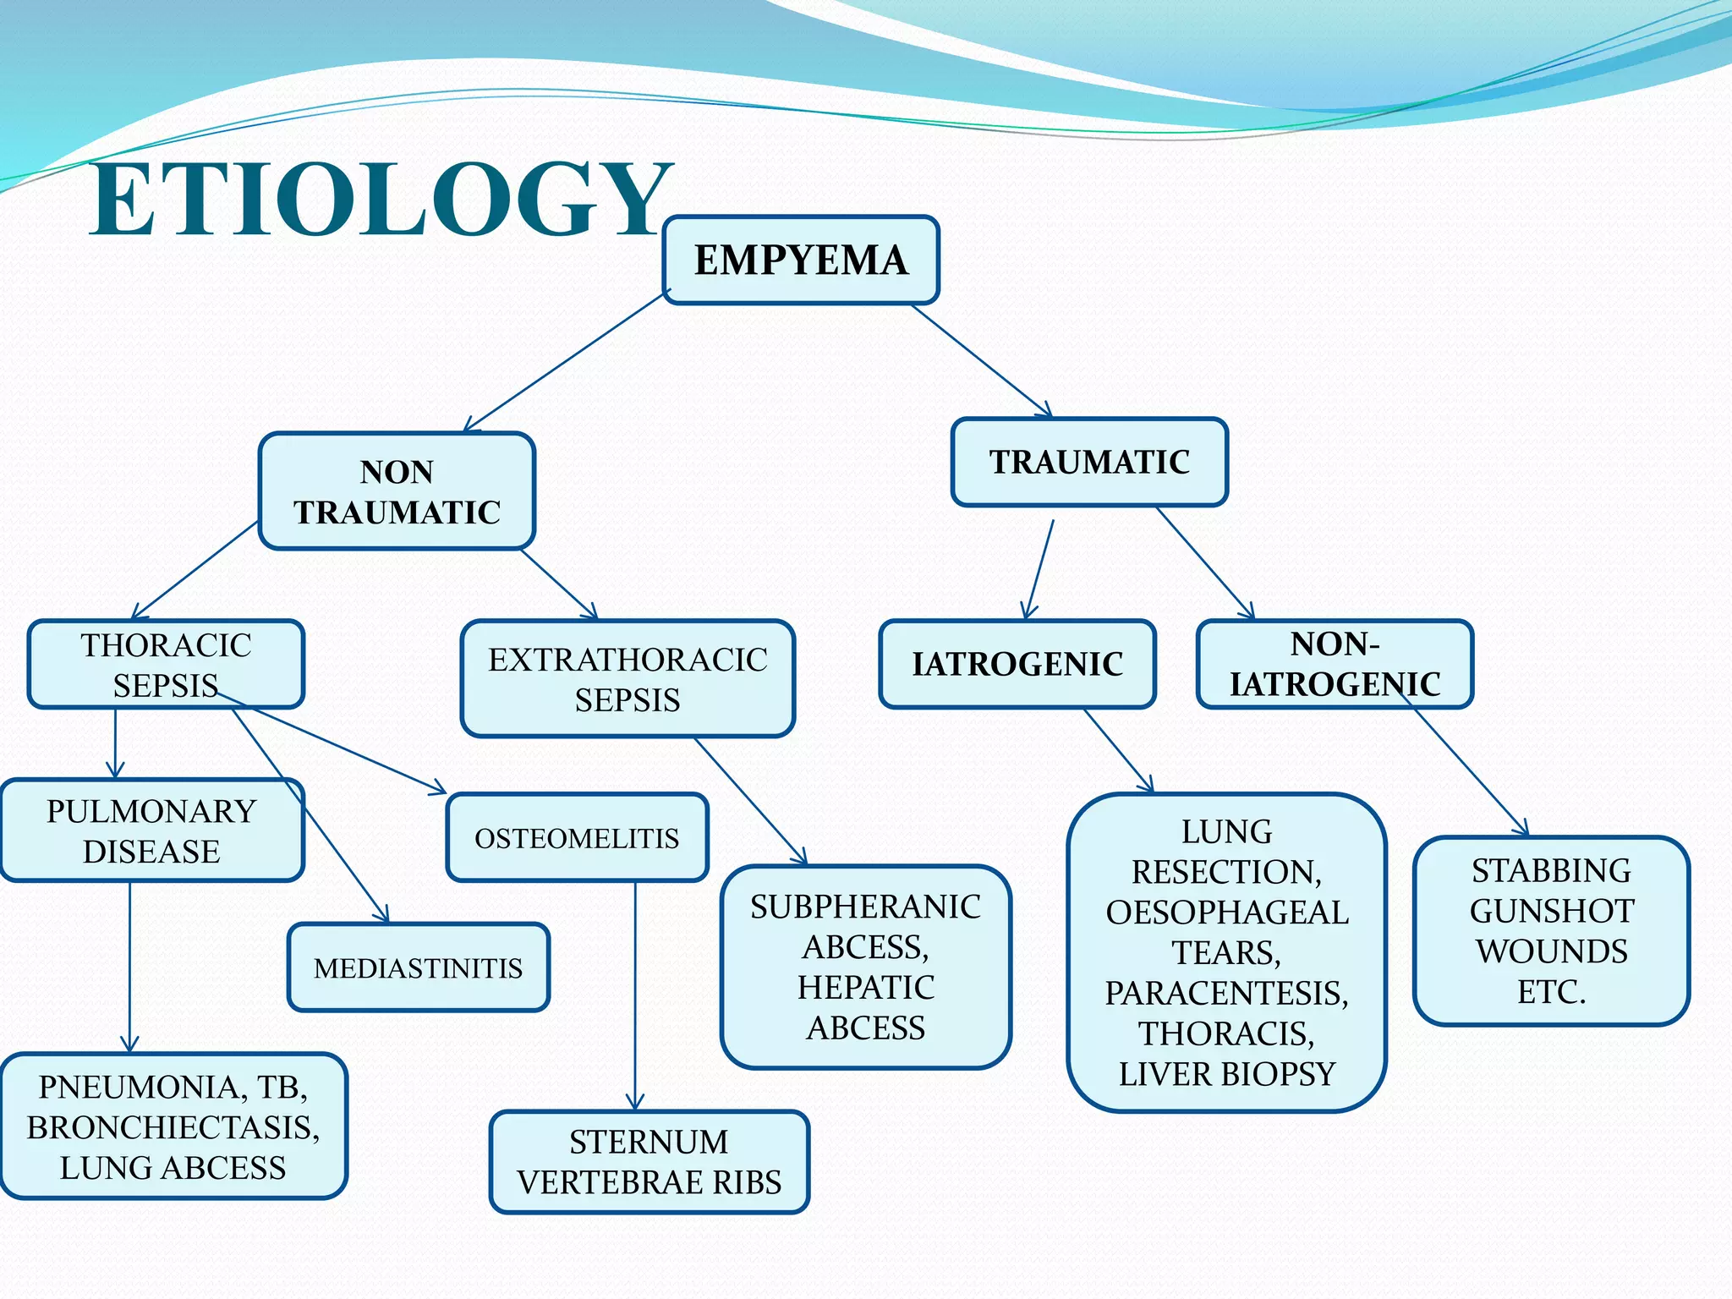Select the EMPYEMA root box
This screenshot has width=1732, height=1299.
(800, 260)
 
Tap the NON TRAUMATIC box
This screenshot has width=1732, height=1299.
(397, 491)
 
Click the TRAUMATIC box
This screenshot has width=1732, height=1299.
(1089, 462)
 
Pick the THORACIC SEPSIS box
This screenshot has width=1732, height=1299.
(166, 664)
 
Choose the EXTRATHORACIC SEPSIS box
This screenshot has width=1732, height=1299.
(628, 679)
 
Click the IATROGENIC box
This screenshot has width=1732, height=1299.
(1017, 664)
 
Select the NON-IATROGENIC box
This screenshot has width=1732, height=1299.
(1335, 664)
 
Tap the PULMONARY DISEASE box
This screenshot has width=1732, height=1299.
(151, 830)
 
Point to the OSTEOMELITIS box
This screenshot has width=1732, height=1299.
(577, 838)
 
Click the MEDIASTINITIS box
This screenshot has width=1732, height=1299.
(418, 967)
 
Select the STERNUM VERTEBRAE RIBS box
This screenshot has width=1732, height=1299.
(649, 1162)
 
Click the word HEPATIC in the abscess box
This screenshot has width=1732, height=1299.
(865, 987)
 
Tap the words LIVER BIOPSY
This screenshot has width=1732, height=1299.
(1226, 1074)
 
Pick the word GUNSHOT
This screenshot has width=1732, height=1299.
(1551, 911)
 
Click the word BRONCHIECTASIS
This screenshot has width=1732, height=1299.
(173, 1127)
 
